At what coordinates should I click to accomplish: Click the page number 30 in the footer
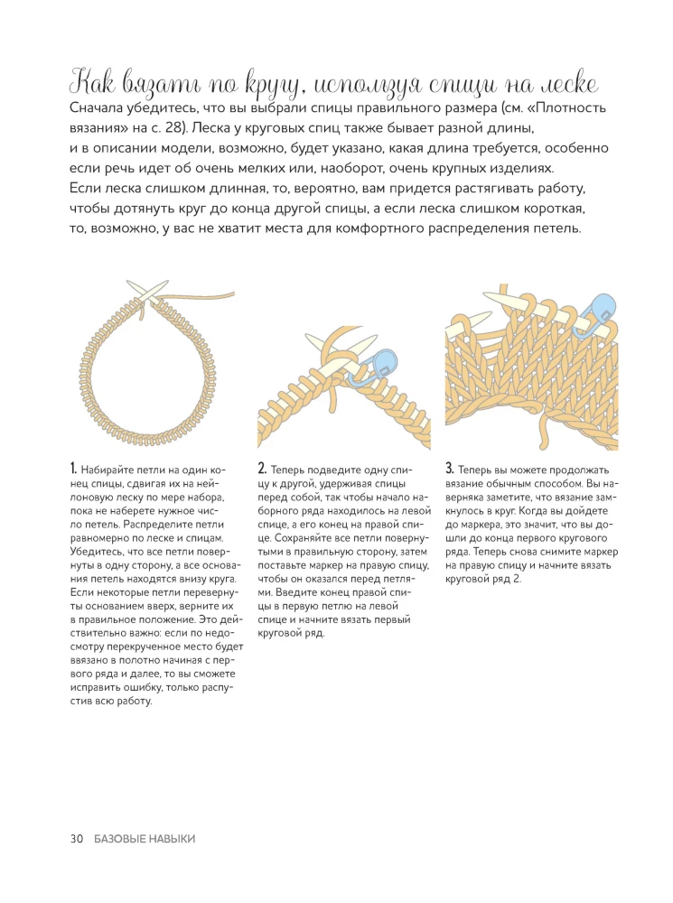(x=77, y=839)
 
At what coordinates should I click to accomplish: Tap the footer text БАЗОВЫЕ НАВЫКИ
(x=143, y=839)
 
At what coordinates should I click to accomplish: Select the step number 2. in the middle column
(x=262, y=470)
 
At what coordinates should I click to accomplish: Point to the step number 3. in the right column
(x=450, y=470)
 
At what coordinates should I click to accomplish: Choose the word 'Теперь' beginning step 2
(x=289, y=470)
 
